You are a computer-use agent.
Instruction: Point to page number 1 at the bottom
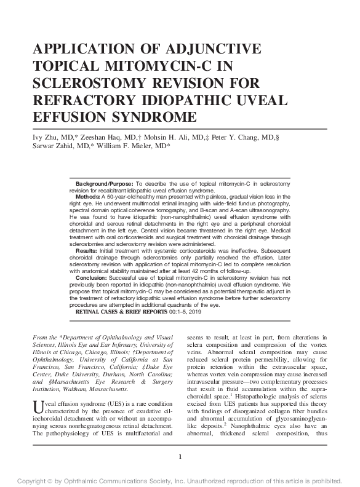click(180, 457)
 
